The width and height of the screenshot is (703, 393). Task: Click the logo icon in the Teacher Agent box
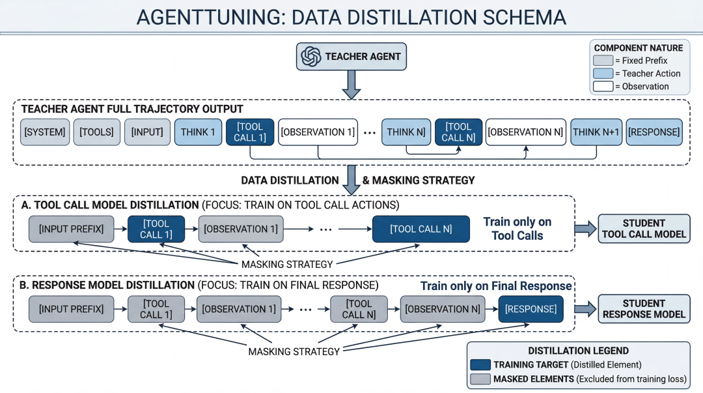coord(311,57)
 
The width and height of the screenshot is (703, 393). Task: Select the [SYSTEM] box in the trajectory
coord(45,132)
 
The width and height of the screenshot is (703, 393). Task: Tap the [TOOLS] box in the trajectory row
coord(97,132)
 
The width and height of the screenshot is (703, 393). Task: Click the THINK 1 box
coord(198,132)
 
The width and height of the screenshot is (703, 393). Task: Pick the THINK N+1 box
coord(596,132)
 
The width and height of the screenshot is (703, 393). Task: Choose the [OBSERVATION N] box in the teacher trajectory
coord(526,132)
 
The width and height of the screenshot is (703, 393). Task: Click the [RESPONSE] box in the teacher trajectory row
coord(654,132)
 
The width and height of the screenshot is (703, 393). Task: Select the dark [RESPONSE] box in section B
coord(531,309)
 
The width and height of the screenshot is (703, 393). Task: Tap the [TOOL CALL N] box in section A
coord(421,229)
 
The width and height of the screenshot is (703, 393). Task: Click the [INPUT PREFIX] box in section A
coord(72,229)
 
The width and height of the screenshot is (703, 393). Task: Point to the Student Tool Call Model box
coord(644,229)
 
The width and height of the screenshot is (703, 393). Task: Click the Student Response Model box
coord(644,309)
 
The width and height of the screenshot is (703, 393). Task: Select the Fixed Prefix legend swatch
coord(603,61)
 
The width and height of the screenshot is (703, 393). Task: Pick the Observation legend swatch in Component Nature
coord(603,86)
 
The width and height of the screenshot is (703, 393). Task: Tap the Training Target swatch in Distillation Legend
coord(480,365)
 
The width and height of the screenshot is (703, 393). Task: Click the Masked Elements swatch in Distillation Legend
coord(480,379)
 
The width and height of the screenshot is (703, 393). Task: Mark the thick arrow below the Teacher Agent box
coord(351,85)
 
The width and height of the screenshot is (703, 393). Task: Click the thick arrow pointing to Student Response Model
coord(586,309)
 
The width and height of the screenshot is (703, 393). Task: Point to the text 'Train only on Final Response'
coord(496,286)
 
